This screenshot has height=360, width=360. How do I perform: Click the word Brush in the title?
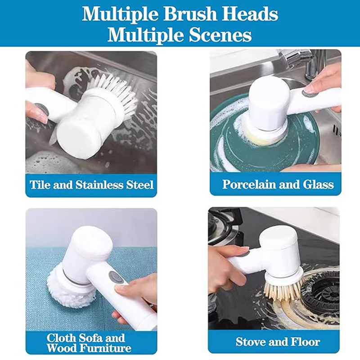coord(190,14)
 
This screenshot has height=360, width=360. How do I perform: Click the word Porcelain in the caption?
coord(249,184)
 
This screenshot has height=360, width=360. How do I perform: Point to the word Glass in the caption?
coord(318,184)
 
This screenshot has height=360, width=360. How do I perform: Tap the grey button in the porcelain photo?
coord(308,94)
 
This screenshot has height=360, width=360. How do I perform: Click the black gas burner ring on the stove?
coord(321,291)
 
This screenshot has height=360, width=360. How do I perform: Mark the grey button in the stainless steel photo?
coord(42,109)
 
